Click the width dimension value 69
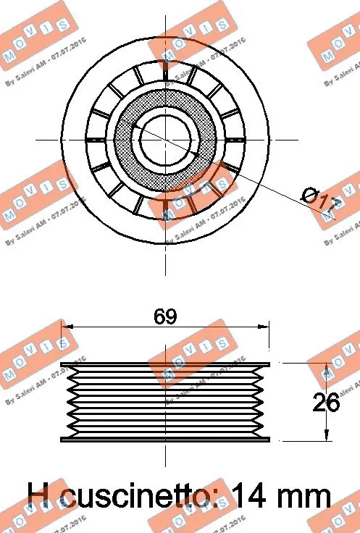click(x=166, y=316)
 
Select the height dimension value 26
click(x=325, y=403)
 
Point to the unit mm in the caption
click(x=304, y=496)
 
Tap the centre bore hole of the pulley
click(x=165, y=138)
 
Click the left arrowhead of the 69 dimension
click(x=66, y=327)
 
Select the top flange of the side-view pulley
click(x=165, y=364)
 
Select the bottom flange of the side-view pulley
click(x=165, y=439)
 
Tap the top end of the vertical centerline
click(x=165, y=16)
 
